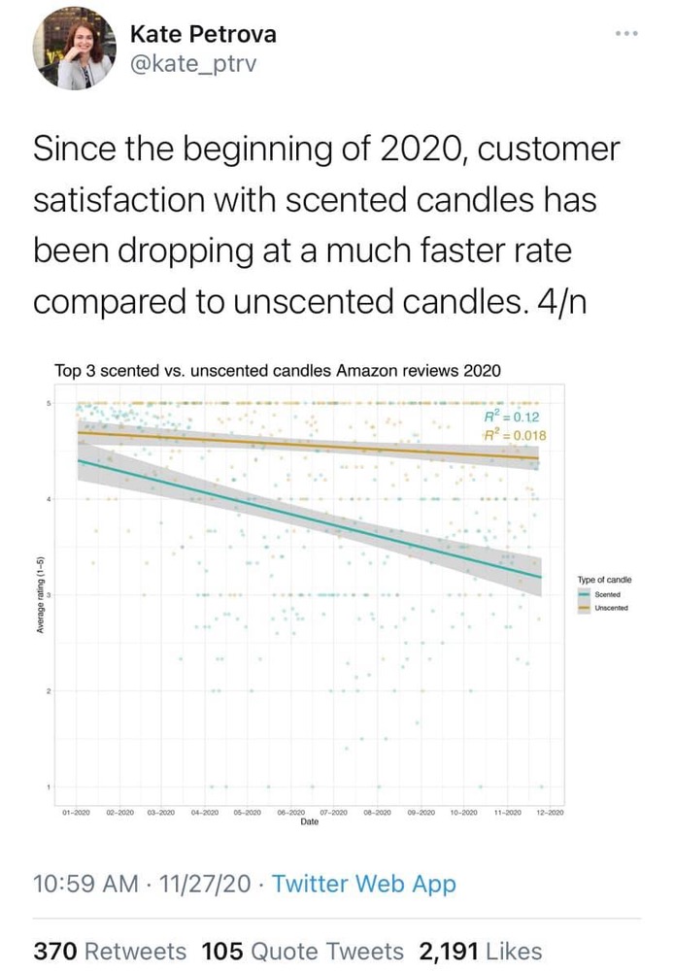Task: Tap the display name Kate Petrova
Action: (203, 34)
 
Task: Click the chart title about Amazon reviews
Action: (278, 370)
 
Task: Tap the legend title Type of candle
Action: (604, 580)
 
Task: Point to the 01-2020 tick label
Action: (77, 812)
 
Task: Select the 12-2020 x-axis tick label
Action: (550, 812)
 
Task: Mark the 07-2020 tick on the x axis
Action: (334, 812)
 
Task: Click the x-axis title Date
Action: (309, 821)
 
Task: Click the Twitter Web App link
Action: (363, 884)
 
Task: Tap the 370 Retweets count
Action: (110, 952)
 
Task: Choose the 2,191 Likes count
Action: (480, 952)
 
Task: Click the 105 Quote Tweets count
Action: (302, 952)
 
